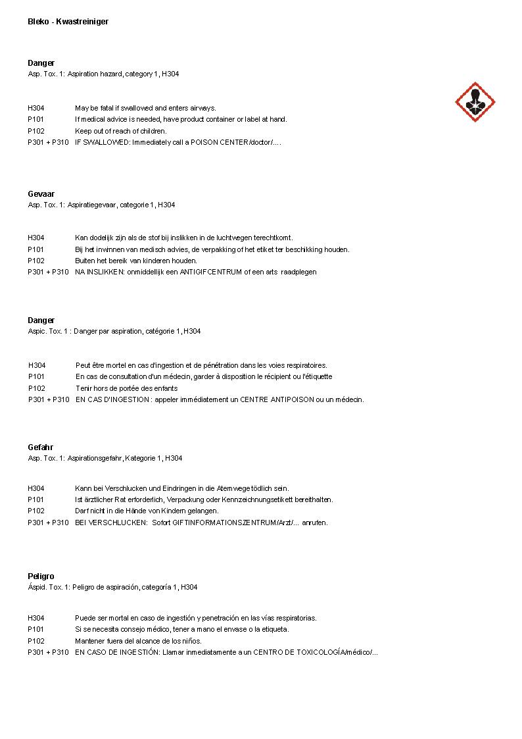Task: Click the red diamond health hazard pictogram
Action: point(475,102)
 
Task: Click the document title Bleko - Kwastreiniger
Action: point(68,22)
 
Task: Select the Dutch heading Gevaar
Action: point(41,194)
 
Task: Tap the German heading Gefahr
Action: point(40,447)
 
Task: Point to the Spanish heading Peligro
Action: point(41,576)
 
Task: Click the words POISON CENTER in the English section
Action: point(220,142)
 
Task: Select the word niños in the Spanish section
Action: point(191,641)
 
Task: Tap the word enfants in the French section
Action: point(164,388)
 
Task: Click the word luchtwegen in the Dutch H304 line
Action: point(233,238)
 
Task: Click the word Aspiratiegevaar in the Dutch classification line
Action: point(91,205)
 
